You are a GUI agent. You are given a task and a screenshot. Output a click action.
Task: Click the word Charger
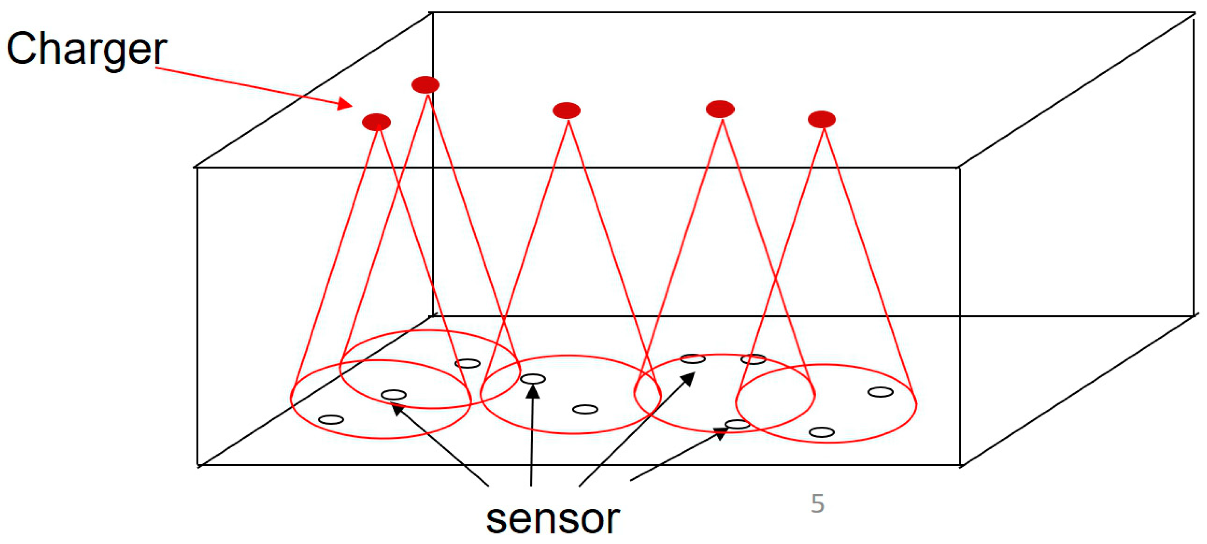pyautogui.click(x=86, y=49)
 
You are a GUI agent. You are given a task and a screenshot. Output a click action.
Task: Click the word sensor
pyautogui.click(x=553, y=519)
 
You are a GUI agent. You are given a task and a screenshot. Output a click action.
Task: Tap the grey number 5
pyautogui.click(x=817, y=504)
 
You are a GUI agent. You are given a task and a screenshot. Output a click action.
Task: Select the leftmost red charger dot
pyautogui.click(x=376, y=122)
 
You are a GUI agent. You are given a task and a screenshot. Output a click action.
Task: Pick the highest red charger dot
pyautogui.click(x=425, y=85)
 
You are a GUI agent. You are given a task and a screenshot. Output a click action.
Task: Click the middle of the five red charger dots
pyautogui.click(x=567, y=110)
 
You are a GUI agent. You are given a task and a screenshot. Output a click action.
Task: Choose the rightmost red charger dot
pyautogui.click(x=821, y=119)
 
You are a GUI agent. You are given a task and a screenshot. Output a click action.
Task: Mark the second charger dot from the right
pyautogui.click(x=720, y=109)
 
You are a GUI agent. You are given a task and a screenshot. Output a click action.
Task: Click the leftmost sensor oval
pyautogui.click(x=331, y=419)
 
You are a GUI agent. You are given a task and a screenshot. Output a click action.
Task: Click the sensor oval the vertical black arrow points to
pyautogui.click(x=533, y=379)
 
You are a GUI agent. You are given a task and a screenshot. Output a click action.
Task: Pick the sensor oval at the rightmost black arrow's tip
pyautogui.click(x=737, y=425)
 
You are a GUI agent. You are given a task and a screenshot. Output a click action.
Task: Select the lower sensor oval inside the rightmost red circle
pyautogui.click(x=821, y=432)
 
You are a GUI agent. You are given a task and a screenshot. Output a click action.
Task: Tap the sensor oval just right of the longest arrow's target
pyautogui.click(x=753, y=360)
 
